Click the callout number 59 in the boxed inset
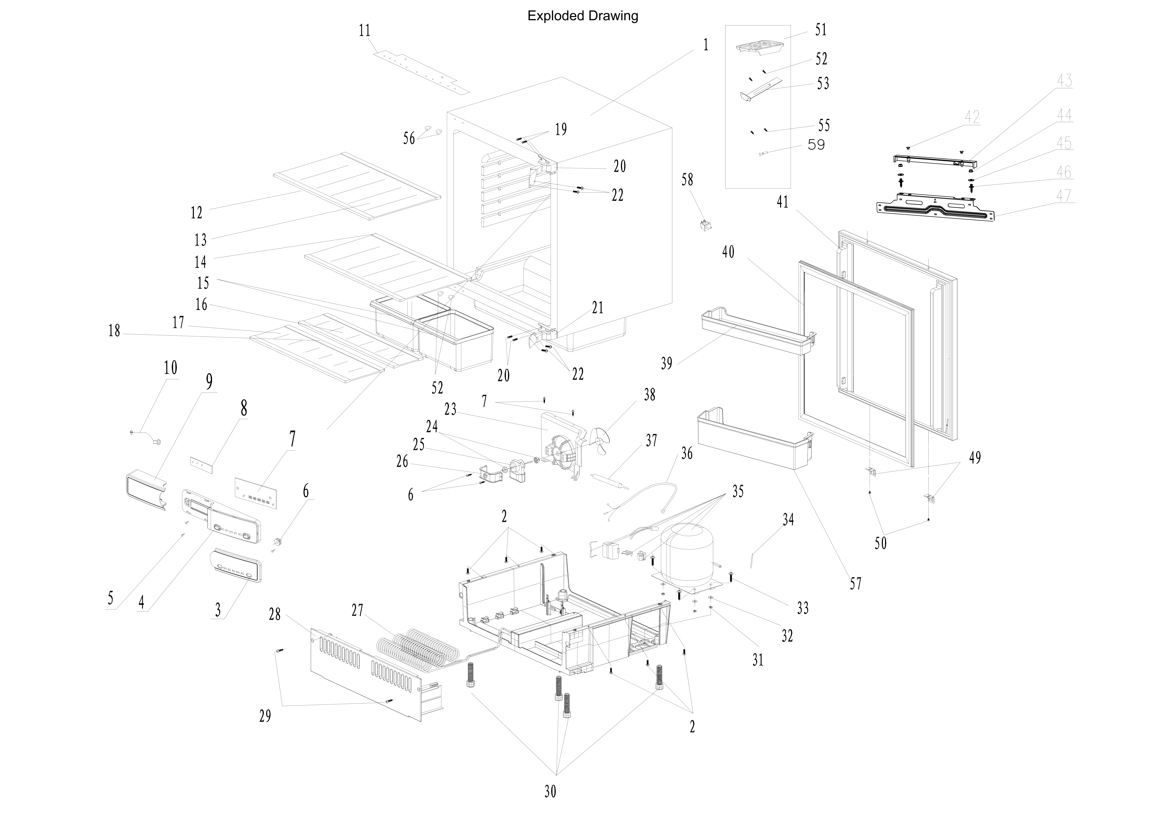tap(816, 145)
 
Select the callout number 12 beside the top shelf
tap(197, 212)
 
